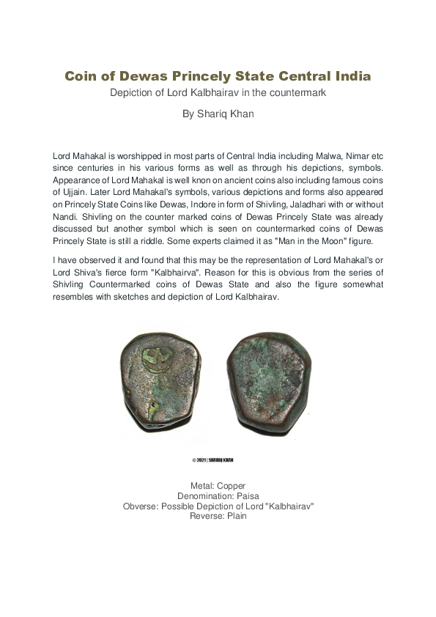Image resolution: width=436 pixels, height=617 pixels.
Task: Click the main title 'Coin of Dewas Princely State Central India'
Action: point(218,76)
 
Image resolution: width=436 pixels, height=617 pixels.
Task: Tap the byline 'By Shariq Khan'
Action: point(218,114)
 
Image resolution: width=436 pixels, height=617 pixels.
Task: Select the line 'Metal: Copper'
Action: point(218,486)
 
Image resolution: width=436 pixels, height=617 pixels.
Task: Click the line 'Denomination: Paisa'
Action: point(218,496)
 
